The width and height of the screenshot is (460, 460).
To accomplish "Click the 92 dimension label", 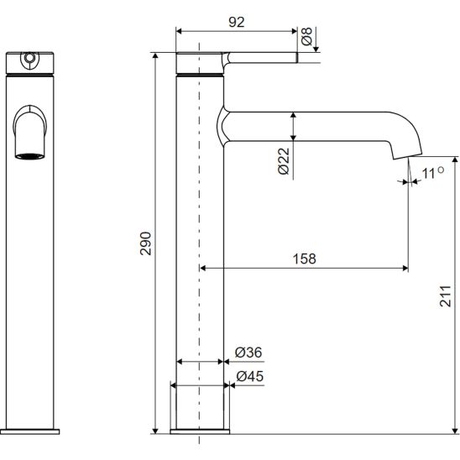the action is click(237, 22).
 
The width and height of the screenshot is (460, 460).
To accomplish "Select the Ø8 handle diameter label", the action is click(306, 36).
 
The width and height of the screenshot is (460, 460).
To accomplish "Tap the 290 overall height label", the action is click(145, 243).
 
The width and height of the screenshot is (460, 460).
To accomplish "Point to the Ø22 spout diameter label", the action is click(284, 161).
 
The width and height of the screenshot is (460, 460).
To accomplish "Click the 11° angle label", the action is click(432, 173).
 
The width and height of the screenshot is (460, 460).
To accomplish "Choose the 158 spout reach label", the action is click(304, 259).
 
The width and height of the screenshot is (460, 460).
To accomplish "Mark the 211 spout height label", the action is click(445, 295).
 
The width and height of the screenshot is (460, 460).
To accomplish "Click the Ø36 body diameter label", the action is click(248, 353).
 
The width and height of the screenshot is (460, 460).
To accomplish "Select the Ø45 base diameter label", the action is click(250, 376).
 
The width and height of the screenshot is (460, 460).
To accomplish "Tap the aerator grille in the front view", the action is click(30, 156).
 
